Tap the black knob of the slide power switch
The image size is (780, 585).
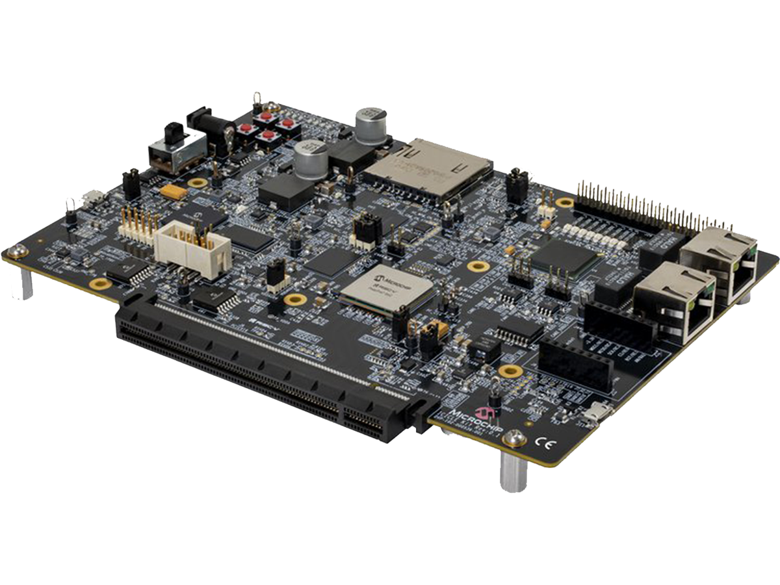[173, 133]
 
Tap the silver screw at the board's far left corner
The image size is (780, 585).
[17, 251]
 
